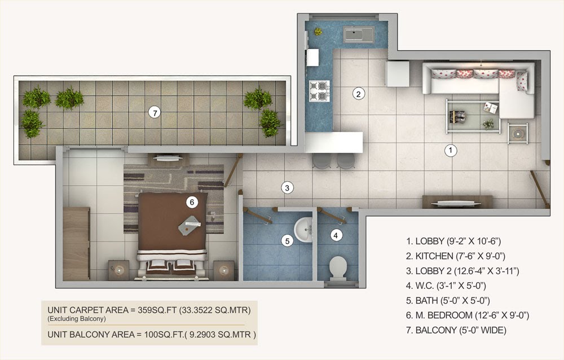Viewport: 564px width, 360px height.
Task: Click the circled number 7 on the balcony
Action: coord(155,113)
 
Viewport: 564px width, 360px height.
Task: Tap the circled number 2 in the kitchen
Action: coord(358,94)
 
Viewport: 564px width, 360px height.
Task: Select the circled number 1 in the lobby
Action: coord(451,150)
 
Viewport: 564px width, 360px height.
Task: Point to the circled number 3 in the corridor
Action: coord(287,187)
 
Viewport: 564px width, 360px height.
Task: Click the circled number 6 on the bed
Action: coord(192,203)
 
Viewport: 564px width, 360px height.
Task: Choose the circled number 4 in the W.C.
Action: coord(336,235)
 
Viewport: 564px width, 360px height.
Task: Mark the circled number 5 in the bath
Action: coord(287,241)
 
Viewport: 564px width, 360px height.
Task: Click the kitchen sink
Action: coord(359,34)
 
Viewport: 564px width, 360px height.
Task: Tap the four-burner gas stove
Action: coord(319,91)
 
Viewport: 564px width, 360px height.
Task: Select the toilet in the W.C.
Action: coord(338,268)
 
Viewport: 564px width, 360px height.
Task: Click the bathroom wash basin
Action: coord(303,230)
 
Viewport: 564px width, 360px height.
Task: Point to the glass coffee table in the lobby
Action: coord(473,116)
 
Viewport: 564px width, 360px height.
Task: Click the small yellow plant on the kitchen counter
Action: coord(318,32)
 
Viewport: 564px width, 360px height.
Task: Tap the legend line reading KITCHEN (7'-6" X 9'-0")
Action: coord(456,256)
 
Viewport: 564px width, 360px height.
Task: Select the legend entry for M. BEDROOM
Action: coord(468,315)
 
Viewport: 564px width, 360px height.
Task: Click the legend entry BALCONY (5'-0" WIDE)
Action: coord(456,330)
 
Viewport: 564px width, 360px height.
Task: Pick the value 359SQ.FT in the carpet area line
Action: coord(157,310)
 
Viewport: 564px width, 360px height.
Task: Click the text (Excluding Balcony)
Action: coord(77,319)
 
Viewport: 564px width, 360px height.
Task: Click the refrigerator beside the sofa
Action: coord(398,73)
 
